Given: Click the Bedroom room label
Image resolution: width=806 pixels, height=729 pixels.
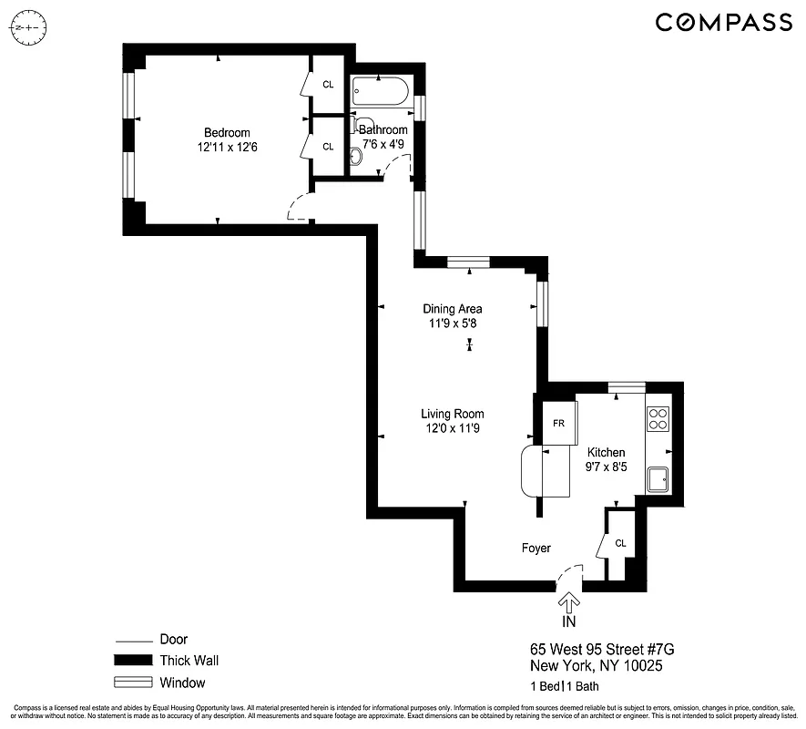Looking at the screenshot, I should (227, 132).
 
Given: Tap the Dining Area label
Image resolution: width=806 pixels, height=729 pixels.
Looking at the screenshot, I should (452, 308).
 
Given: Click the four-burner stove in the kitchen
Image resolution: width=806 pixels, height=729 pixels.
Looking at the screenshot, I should (658, 418).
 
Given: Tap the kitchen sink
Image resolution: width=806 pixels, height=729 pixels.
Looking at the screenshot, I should (658, 478).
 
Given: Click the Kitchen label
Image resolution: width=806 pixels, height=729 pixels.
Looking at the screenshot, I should (606, 452).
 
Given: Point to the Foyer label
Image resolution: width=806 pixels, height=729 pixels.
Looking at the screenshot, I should (536, 548).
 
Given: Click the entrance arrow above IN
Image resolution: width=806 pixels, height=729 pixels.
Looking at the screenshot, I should (569, 603).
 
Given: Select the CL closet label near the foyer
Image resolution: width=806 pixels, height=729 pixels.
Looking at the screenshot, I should (620, 543).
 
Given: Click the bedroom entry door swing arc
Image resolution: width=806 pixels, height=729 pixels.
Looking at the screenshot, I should (298, 209).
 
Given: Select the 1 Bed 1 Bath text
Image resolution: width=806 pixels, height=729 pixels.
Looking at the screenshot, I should (564, 686).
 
